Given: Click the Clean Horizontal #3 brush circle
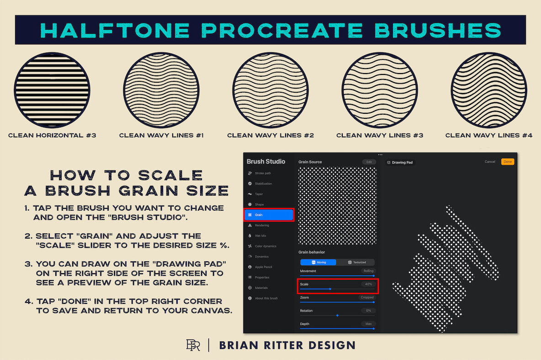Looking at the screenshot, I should pos(52,90).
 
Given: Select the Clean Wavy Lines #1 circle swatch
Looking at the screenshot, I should pos(161,90).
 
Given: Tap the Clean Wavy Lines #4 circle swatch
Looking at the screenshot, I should pos(489,90).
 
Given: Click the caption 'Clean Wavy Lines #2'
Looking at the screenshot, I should pos(270,135).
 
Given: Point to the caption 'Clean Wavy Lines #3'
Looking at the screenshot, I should pos(380,135).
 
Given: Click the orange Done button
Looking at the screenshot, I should pos(507,162).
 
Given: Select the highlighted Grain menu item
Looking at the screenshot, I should pos(269,214).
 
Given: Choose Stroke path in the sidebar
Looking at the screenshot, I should pos(262,173).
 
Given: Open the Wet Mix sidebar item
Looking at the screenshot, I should pos(260,236).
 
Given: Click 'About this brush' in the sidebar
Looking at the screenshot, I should pos(266,298).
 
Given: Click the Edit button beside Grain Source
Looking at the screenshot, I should pos(369,162).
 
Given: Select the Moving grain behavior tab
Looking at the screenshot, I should pos(318,262).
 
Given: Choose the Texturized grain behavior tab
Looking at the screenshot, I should pos(356,262).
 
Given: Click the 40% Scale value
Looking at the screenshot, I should pos(368,284).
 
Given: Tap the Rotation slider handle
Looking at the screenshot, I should pos(337,315).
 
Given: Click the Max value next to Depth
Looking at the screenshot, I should pos(368,323).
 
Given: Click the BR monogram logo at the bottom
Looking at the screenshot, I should pos(193,345).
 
